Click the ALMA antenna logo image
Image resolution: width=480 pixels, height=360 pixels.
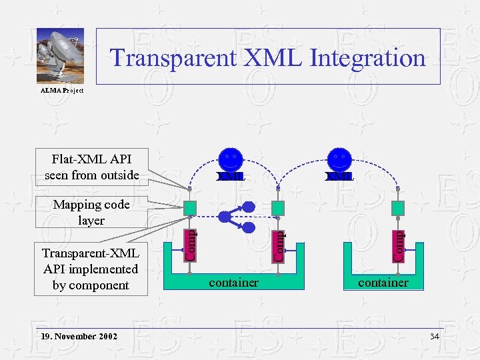click(x=60, y=57)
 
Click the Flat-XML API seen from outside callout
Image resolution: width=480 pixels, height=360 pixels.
click(x=91, y=167)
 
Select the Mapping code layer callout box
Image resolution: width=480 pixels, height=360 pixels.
click(x=91, y=212)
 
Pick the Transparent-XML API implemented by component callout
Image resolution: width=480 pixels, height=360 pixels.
click(x=91, y=269)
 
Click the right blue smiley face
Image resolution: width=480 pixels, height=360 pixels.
click(x=340, y=161)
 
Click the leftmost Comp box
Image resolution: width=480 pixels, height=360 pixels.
click(x=191, y=245)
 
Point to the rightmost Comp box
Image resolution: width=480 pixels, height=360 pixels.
click(x=397, y=245)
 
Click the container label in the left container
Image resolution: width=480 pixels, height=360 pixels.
click(x=233, y=283)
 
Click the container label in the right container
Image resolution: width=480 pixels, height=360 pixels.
click(x=383, y=283)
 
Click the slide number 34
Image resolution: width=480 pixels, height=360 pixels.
click(x=435, y=336)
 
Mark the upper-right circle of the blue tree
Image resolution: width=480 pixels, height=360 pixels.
click(x=248, y=205)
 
